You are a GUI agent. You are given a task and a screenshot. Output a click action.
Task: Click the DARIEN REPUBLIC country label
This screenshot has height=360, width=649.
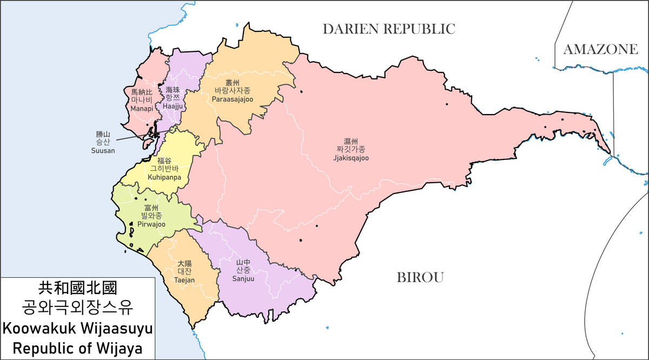coord(389,29)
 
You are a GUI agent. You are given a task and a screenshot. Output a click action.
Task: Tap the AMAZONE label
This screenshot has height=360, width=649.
coord(600,50)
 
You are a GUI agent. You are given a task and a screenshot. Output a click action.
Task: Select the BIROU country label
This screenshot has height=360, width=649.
coord(420,278)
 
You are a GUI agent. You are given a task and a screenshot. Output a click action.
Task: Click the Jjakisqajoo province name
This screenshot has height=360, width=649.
coord(351,158)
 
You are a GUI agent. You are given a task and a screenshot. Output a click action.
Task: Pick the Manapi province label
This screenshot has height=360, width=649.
coord(142,109)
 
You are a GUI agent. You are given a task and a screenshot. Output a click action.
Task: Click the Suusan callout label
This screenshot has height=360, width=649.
coord(103,150)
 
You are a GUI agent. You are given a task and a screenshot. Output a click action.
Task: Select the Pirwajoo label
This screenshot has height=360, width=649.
coord(151,224)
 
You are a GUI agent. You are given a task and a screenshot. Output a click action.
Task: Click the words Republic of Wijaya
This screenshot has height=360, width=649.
coord(77,348)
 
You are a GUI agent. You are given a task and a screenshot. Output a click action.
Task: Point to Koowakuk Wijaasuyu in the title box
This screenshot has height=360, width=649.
coord(77,328)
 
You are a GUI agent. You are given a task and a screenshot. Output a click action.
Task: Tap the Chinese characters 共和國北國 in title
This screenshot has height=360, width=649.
coord(77,287)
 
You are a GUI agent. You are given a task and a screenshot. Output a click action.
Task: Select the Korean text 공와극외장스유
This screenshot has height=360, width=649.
coord(77,308)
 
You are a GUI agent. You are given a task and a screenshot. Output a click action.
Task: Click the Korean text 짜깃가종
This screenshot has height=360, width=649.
coord(351,149)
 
